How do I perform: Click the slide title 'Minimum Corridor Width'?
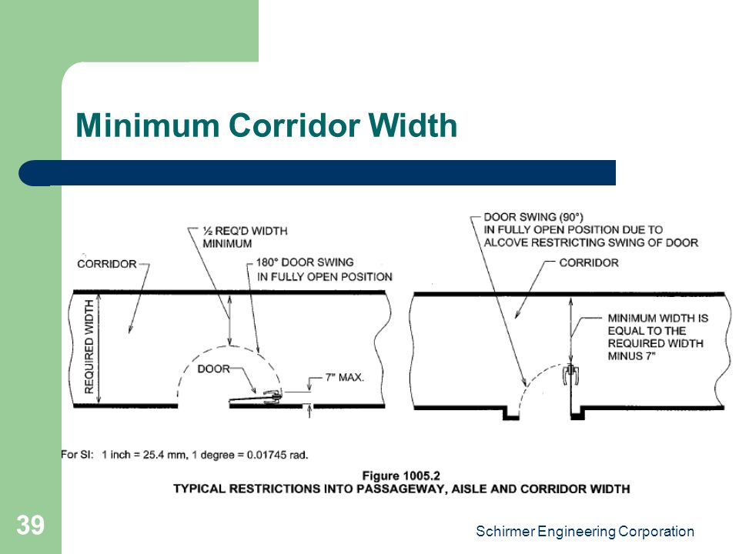(x=266, y=125)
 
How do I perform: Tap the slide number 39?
(x=31, y=526)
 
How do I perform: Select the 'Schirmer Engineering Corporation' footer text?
(x=585, y=532)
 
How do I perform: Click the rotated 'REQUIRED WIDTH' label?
(x=89, y=347)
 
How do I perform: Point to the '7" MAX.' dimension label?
(x=345, y=377)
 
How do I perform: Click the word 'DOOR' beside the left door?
(x=213, y=369)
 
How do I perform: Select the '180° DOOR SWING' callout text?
(x=305, y=262)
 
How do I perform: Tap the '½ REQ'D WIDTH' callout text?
(x=245, y=231)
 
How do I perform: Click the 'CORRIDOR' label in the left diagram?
(x=107, y=264)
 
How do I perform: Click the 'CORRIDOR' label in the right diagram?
(x=589, y=263)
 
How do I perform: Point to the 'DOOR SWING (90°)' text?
(x=533, y=217)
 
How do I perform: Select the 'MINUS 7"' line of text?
(x=631, y=356)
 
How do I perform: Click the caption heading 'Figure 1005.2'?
(x=401, y=476)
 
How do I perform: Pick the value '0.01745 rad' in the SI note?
(x=277, y=455)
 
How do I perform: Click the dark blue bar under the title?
(x=316, y=173)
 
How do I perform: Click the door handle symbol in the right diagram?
(x=570, y=374)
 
